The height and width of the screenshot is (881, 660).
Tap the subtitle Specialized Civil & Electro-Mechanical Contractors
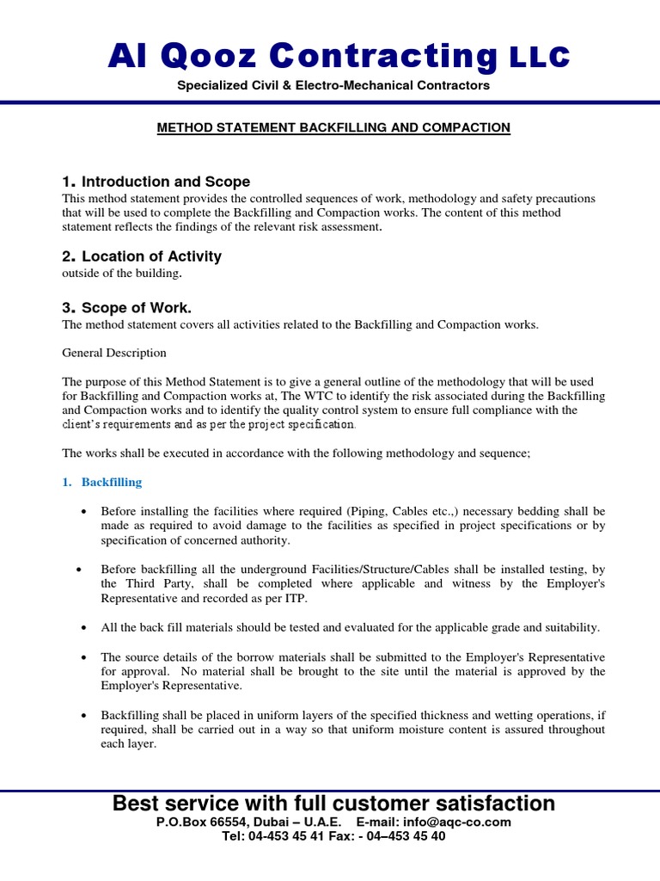[333, 85]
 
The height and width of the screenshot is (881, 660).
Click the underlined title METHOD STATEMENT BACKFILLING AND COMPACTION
[333, 127]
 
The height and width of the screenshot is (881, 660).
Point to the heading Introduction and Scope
[167, 182]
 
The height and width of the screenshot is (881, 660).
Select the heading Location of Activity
[152, 256]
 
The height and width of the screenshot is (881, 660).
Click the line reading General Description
[114, 353]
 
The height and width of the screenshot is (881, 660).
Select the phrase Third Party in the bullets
[150, 583]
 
